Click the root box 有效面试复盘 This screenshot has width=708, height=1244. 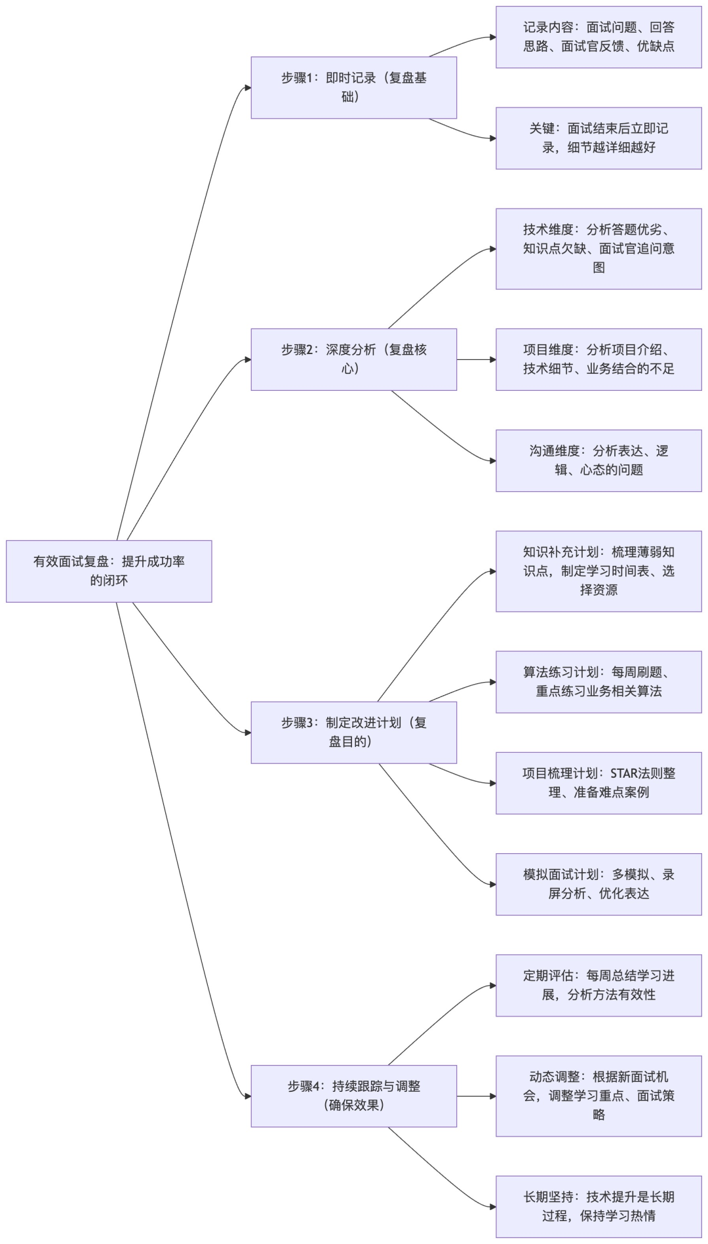click(109, 571)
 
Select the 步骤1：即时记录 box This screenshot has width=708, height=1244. click(353, 87)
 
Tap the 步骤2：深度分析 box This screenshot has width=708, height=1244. click(353, 359)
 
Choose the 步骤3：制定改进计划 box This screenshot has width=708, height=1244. click(353, 732)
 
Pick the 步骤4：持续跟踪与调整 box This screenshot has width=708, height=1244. click(353, 1095)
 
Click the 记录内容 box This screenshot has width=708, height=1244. click(598, 37)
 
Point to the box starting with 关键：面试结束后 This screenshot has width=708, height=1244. click(598, 138)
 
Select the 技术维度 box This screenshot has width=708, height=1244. click(598, 249)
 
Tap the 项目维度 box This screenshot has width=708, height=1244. click(598, 359)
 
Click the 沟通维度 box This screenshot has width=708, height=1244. click(598, 460)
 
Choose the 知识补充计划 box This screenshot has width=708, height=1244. click(598, 571)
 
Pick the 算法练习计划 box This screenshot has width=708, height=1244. click(598, 681)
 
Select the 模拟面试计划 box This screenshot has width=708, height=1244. click(598, 883)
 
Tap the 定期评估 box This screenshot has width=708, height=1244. click(598, 985)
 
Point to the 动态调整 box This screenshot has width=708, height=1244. click(598, 1095)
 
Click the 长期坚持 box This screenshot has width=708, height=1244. click(598, 1206)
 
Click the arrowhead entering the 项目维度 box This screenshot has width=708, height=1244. click(492, 359)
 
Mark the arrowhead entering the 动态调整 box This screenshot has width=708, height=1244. click(492, 1096)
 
